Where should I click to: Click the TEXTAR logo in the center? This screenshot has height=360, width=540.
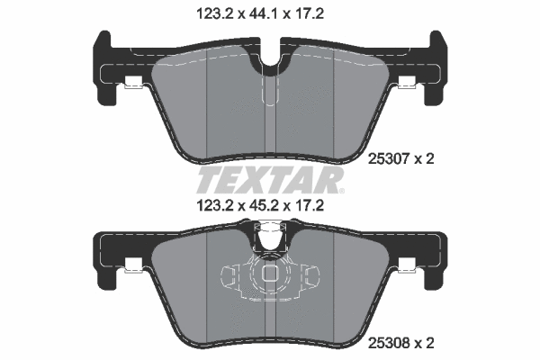269,178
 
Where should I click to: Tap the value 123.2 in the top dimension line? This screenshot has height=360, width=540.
212,13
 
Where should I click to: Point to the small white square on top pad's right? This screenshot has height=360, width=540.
406,84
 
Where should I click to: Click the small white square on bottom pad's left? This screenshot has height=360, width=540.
133,266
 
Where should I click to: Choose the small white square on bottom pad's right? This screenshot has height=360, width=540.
406,266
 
